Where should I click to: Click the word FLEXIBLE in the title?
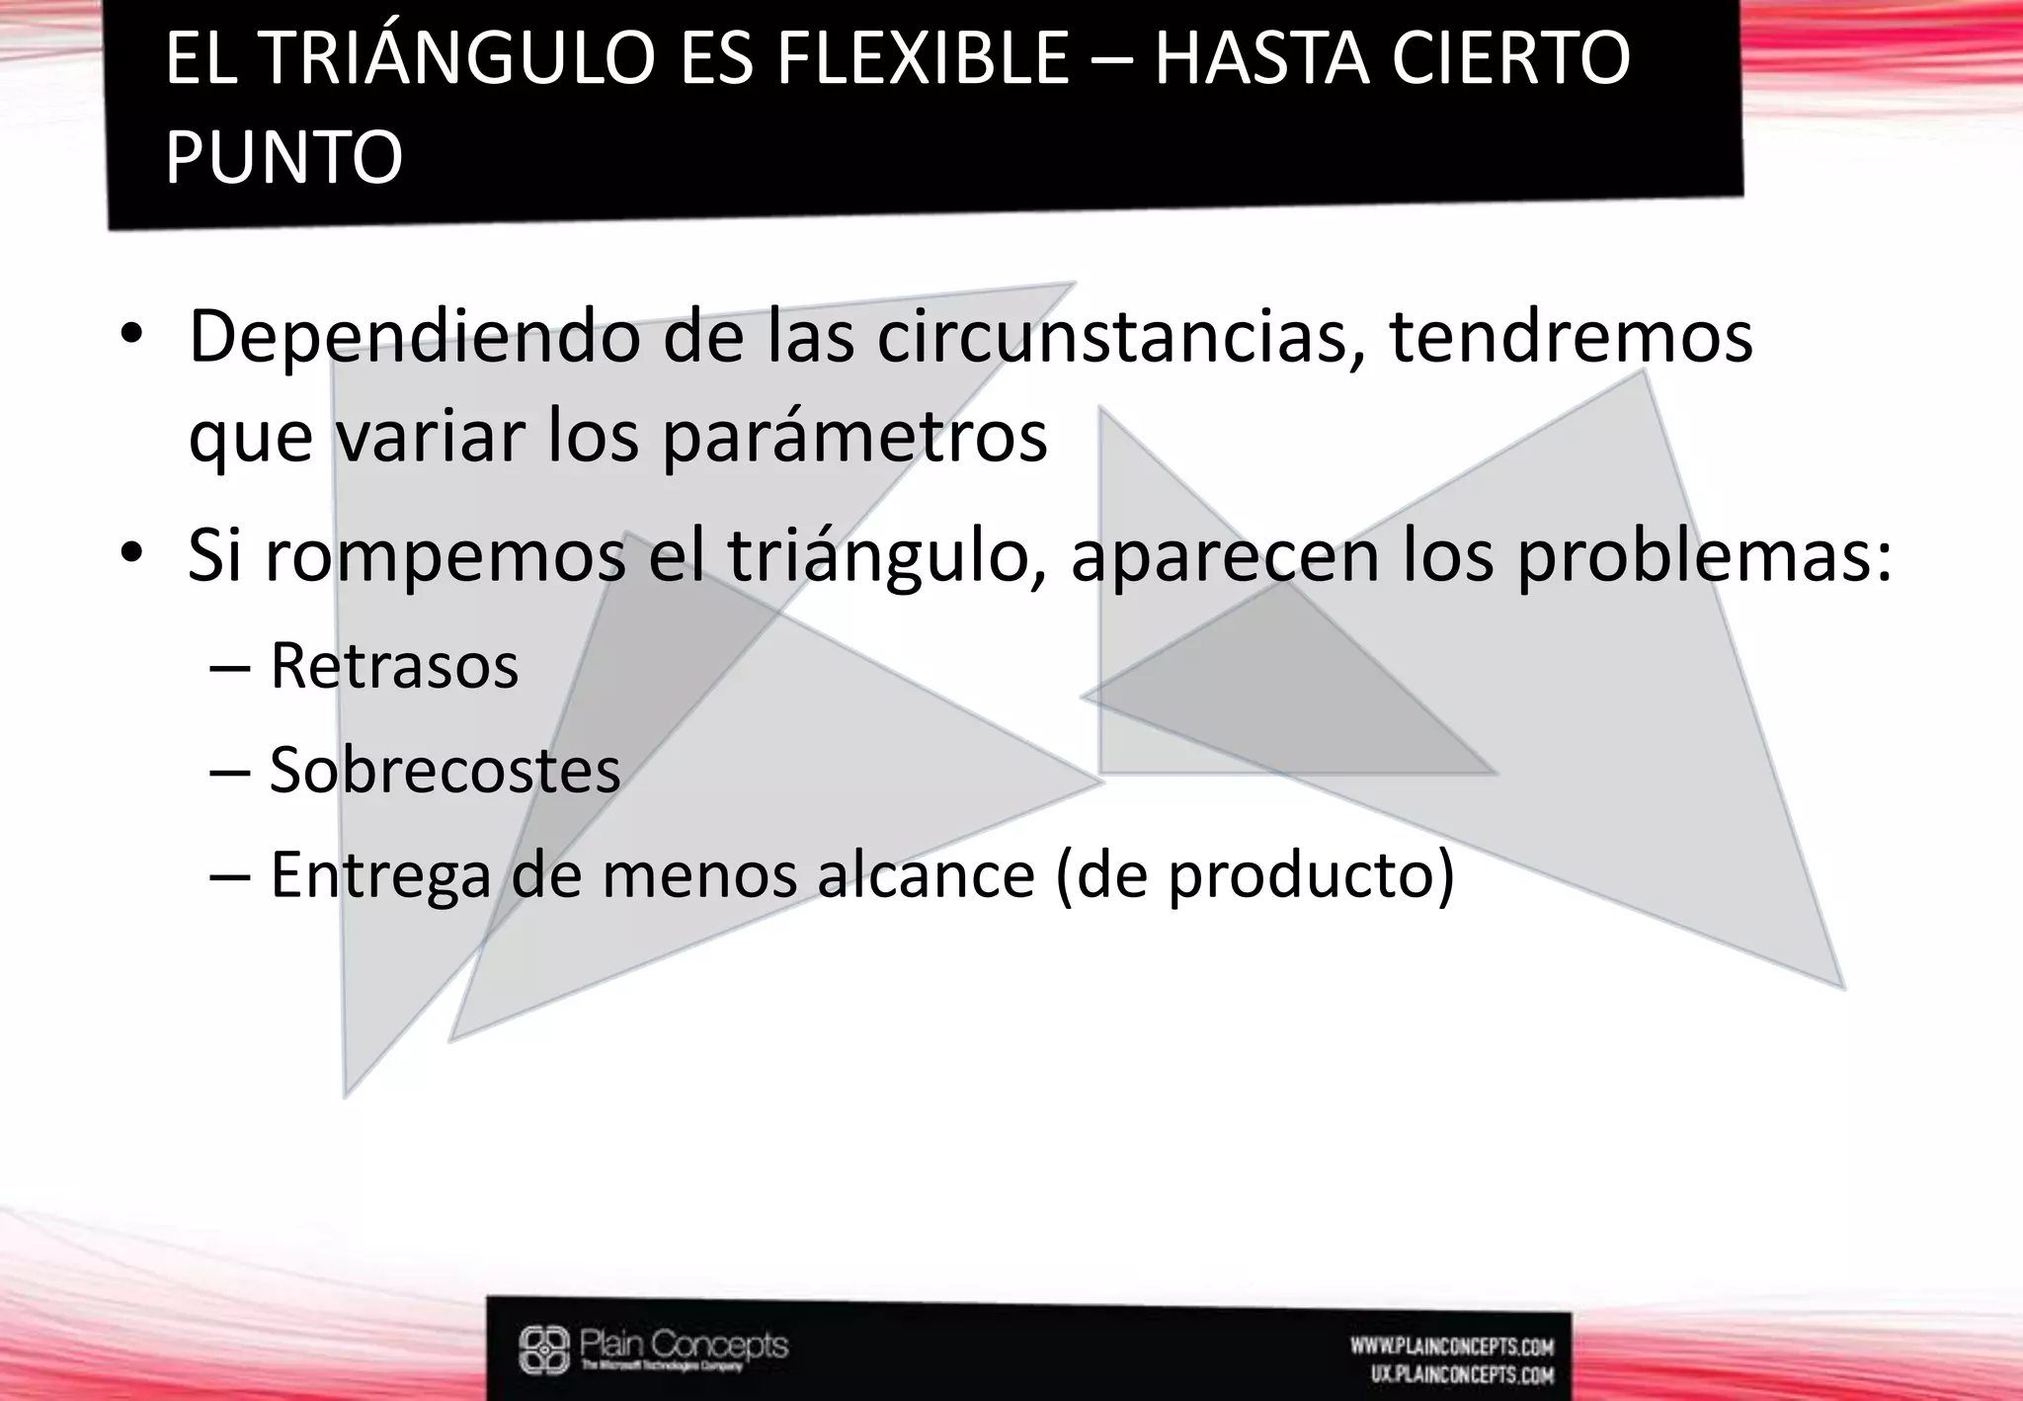click(x=923, y=59)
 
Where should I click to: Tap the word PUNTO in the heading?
click(x=283, y=158)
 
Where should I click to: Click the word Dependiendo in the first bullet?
click(x=415, y=338)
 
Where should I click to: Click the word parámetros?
click(x=854, y=438)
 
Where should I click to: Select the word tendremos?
click(x=1571, y=338)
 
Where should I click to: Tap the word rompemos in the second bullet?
click(x=445, y=556)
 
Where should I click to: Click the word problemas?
click(x=1704, y=556)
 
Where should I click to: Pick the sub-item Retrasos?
click(x=394, y=666)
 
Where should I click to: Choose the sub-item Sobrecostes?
click(x=445, y=771)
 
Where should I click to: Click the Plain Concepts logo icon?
click(x=544, y=1349)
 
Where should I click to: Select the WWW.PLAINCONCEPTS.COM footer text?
click(x=1452, y=1347)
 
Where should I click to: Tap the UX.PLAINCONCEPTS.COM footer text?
click(x=1462, y=1374)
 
